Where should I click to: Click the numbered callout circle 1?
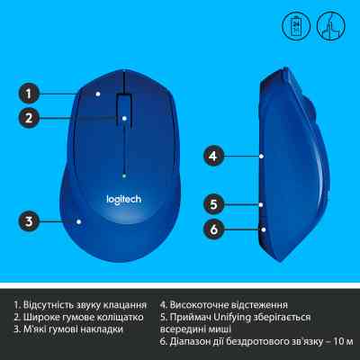(30, 92)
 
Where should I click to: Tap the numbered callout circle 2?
(30, 117)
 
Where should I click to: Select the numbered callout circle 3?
(30, 220)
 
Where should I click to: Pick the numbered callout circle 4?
(212, 156)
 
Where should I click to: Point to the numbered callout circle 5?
(212, 203)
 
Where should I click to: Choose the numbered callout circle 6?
(212, 229)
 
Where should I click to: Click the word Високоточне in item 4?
(203, 304)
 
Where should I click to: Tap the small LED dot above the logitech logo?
(123, 168)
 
